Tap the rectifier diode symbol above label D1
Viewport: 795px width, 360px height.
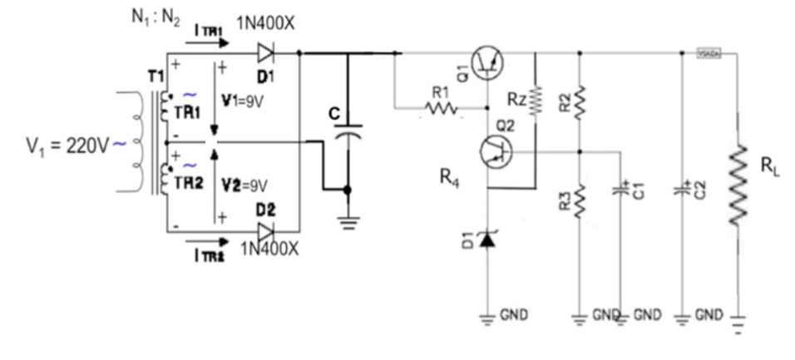tap(265, 53)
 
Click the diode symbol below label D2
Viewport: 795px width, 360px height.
tap(266, 230)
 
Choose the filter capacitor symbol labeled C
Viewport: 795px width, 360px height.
tap(348, 128)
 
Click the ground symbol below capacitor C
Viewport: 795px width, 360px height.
tap(348, 219)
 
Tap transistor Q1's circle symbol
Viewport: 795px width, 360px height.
tap(487, 63)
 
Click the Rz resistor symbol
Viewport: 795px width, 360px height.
tap(535, 101)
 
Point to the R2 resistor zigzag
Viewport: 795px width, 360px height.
tap(579, 101)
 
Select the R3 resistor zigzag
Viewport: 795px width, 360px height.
tap(579, 200)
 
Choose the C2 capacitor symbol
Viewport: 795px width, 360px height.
tap(684, 190)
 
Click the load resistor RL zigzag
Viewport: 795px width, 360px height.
tap(738, 186)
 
